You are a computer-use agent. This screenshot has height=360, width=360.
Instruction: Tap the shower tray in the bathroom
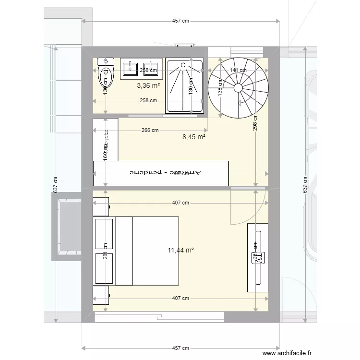click(x=185, y=85)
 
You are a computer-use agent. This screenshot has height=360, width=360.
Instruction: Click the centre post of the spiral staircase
click(x=238, y=87)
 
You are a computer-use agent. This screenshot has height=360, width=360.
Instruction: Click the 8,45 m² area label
click(x=194, y=137)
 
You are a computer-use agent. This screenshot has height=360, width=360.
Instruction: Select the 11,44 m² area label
click(x=181, y=250)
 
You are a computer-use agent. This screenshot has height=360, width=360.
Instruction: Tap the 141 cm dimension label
click(x=238, y=70)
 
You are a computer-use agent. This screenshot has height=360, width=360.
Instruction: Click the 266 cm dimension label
click(x=150, y=130)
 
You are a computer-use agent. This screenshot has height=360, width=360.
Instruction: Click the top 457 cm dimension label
click(x=180, y=21)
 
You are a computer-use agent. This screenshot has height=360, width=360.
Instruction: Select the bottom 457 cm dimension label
click(x=180, y=348)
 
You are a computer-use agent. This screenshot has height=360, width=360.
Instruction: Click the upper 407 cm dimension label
click(x=181, y=203)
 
